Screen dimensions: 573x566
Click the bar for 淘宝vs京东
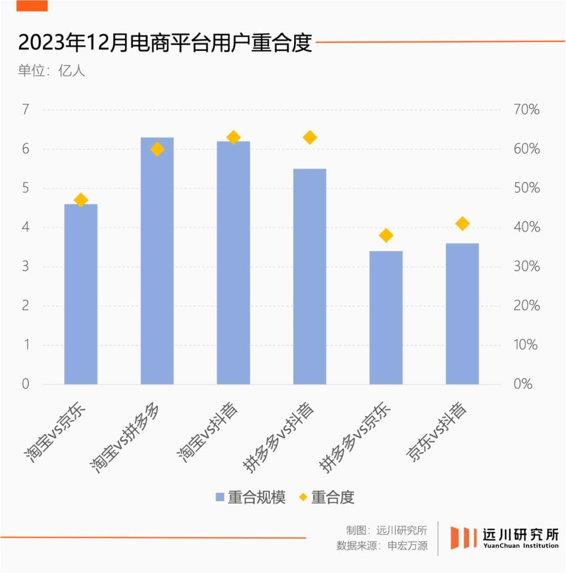(x=81, y=294)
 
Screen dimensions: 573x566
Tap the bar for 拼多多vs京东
(x=386, y=317)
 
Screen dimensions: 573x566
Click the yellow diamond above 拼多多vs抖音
(x=310, y=137)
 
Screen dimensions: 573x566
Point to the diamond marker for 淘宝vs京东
(x=81, y=200)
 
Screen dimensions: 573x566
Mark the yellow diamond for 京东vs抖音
(x=462, y=224)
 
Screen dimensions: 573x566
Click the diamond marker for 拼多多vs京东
(x=386, y=235)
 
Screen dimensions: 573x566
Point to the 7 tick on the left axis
(x=26, y=110)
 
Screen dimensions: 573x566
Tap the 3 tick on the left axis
(x=26, y=267)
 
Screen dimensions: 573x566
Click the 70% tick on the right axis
(x=526, y=110)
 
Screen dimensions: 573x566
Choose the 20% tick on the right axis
(x=526, y=306)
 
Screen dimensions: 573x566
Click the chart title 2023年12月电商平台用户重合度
(x=165, y=43)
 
